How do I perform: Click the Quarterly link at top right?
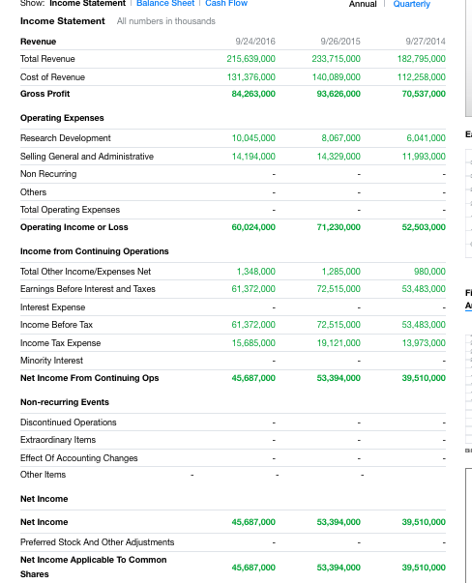(411, 4)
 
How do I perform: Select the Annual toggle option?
(363, 4)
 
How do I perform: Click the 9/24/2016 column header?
(255, 42)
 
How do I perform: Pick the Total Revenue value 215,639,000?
(251, 59)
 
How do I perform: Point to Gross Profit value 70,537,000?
(423, 94)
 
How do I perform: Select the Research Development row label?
(65, 138)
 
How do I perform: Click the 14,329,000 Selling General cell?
(339, 157)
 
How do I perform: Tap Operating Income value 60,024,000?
(253, 227)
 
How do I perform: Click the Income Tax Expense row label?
(60, 342)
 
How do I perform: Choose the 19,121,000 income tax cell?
(339, 342)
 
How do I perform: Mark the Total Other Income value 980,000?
(429, 272)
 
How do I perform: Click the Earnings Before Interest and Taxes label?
(87, 289)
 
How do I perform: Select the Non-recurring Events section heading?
(64, 402)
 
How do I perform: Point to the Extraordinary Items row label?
(57, 439)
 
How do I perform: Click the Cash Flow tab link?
(225, 4)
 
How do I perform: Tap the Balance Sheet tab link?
(164, 4)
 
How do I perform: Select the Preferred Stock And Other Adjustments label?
(97, 541)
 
